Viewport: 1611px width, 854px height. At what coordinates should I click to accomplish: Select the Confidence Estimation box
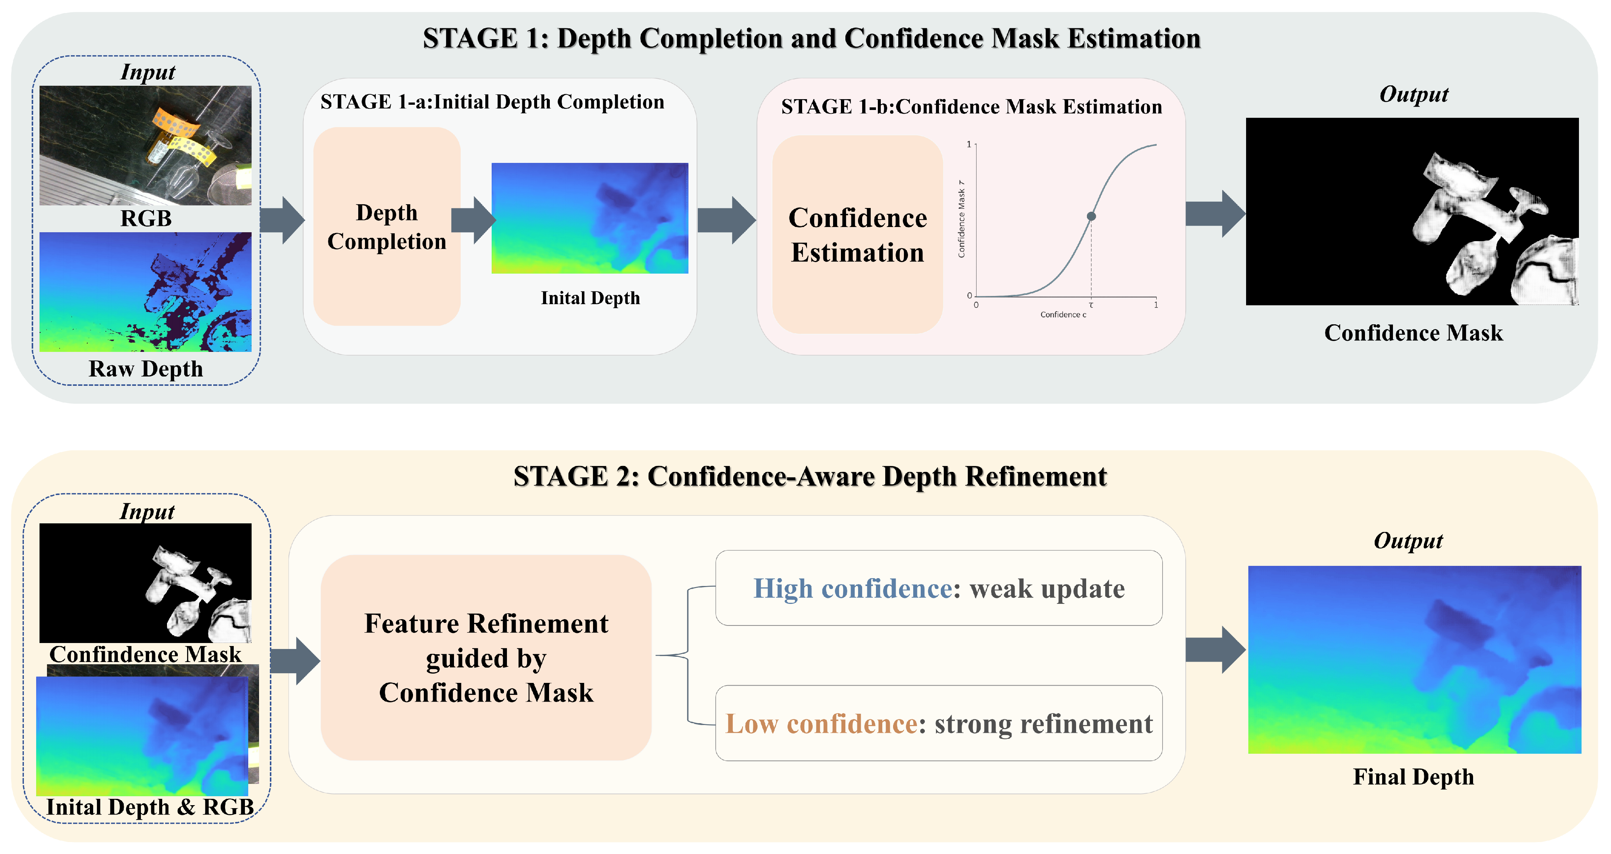(857, 234)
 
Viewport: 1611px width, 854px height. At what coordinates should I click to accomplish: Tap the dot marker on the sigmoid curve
(1091, 217)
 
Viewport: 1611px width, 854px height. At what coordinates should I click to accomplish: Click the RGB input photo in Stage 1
(146, 145)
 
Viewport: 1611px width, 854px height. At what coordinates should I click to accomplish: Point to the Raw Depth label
(146, 369)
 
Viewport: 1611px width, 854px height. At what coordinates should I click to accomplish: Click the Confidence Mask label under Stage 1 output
(1413, 333)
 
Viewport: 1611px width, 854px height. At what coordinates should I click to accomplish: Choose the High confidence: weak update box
(939, 588)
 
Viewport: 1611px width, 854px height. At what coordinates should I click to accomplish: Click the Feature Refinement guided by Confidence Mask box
(486, 658)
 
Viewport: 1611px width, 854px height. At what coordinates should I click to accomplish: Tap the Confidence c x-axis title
(1063, 315)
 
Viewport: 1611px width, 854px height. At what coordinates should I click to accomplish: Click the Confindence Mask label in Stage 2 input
(146, 655)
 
